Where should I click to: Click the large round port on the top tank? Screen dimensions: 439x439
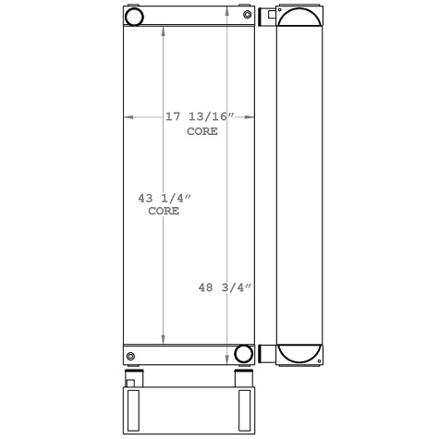[x=135, y=17]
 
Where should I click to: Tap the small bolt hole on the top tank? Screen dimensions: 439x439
[x=247, y=13]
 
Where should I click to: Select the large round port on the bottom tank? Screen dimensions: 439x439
[x=244, y=353]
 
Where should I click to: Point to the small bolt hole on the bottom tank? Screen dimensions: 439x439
[x=130, y=357]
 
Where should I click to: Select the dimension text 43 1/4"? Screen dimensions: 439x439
[x=164, y=198]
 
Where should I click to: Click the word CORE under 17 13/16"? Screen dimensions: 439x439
[x=202, y=131]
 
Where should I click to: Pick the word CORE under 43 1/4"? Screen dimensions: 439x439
[x=164, y=212]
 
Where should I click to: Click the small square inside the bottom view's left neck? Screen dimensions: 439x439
[x=130, y=383]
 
